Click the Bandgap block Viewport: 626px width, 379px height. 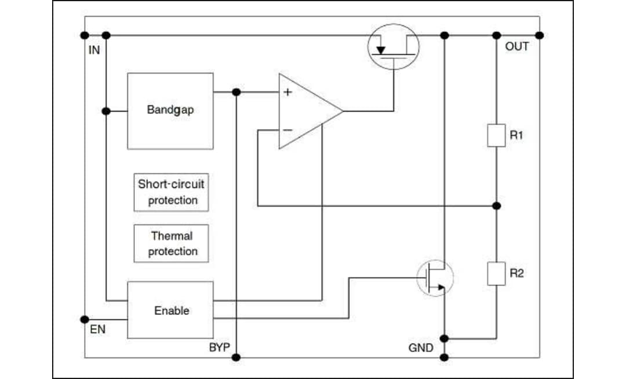click(x=170, y=111)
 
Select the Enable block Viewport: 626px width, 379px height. click(x=170, y=310)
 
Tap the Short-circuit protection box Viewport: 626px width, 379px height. click(x=171, y=193)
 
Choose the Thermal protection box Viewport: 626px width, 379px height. click(x=171, y=244)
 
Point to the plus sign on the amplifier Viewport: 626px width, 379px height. click(x=287, y=92)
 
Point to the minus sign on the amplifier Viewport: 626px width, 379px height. click(x=287, y=130)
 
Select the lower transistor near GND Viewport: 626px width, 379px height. click(x=435, y=278)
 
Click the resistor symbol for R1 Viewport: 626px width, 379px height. click(x=496, y=136)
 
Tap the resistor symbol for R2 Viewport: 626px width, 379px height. click(x=496, y=274)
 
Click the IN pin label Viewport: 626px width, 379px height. click(x=94, y=50)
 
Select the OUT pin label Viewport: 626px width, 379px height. click(x=517, y=47)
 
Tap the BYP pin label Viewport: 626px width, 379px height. click(x=220, y=348)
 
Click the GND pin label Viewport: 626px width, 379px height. click(x=420, y=348)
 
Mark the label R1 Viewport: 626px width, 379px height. click(x=516, y=135)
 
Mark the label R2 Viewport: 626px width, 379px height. click(x=516, y=273)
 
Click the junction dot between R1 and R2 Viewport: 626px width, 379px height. click(x=496, y=205)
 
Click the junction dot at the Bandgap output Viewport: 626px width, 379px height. click(x=236, y=92)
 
